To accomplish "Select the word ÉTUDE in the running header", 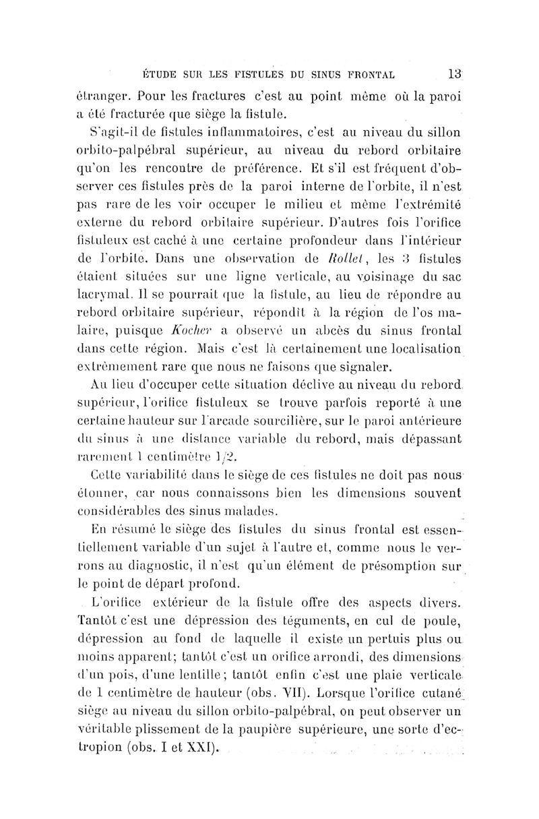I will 156,73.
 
